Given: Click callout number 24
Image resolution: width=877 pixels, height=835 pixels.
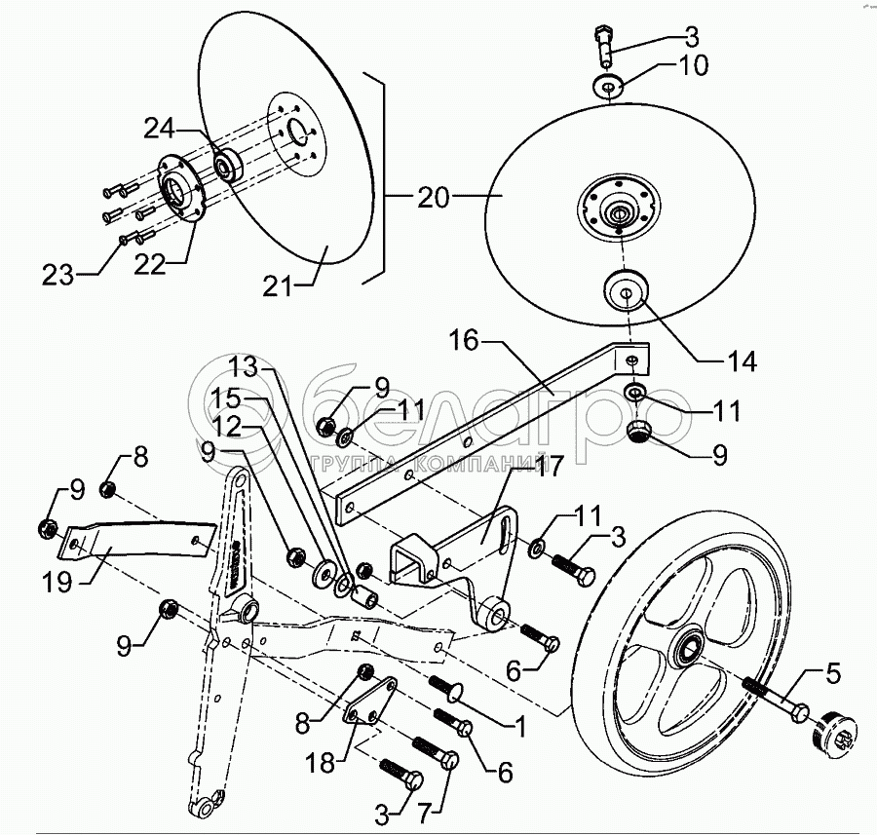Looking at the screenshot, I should coord(161,129).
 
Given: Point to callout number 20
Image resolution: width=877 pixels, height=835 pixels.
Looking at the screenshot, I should coord(435,199).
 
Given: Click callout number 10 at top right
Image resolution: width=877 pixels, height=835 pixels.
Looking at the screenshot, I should coord(688,66).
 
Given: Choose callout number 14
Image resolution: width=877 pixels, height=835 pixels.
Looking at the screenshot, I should coord(741,361).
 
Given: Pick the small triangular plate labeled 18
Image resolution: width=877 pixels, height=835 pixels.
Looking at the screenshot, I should coord(370,702).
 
